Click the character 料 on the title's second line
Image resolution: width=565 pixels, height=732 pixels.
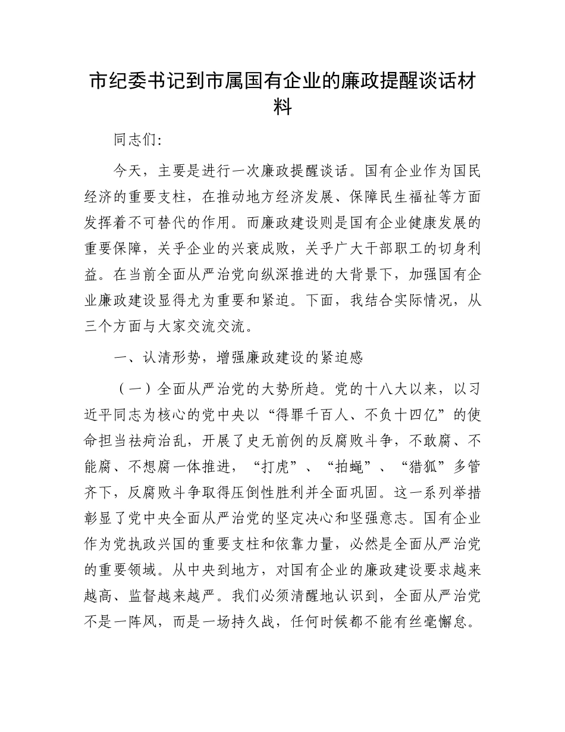(282, 108)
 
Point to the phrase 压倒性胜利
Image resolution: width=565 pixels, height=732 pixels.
(280, 493)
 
